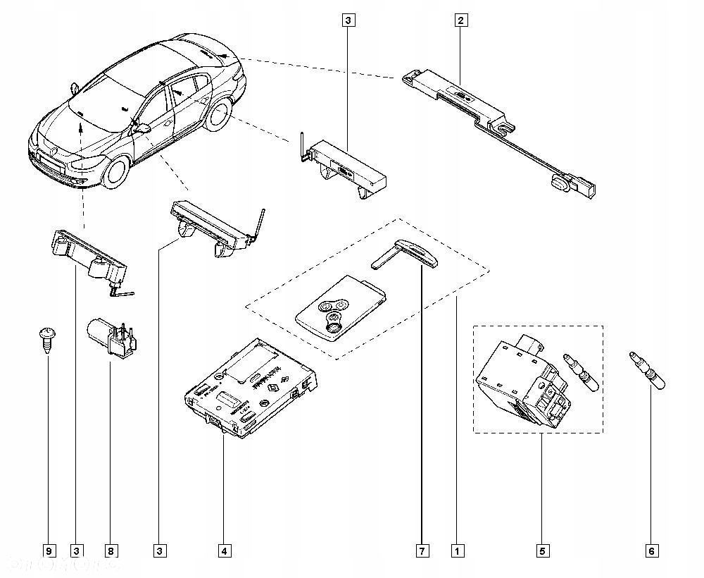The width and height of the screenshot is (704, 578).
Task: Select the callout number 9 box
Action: (x=48, y=551)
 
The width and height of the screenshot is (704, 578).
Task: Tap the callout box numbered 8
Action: (x=110, y=551)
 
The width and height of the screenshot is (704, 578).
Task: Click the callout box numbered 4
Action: (x=224, y=551)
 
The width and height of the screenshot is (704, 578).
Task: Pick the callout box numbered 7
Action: (x=421, y=551)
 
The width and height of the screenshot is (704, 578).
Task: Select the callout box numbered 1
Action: (x=458, y=551)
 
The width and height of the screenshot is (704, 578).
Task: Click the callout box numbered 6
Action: (x=650, y=551)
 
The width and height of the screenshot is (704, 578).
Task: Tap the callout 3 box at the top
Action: (x=347, y=20)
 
